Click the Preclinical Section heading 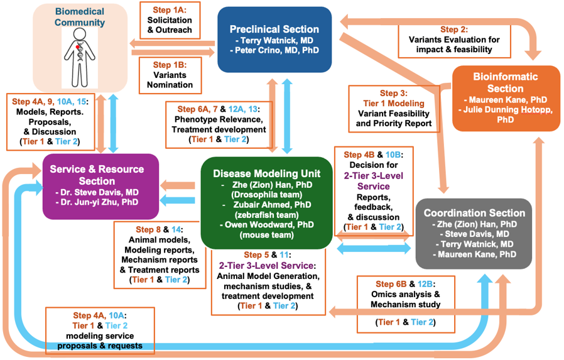click(x=274, y=29)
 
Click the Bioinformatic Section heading click(x=506, y=82)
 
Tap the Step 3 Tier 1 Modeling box click(x=394, y=109)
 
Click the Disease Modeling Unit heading click(x=266, y=173)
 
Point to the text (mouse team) click(x=266, y=236)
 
